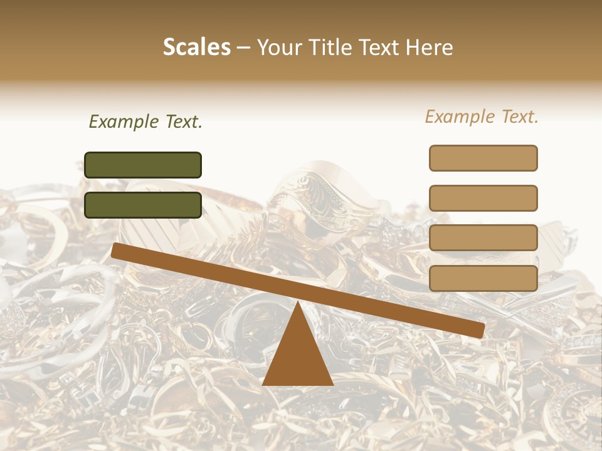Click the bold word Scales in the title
click(196, 48)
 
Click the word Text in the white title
click(381, 48)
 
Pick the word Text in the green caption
click(182, 122)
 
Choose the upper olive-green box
click(143, 165)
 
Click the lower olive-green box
click(143, 205)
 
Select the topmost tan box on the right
click(483, 158)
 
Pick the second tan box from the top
click(483, 198)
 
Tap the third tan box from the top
click(483, 238)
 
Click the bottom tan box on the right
click(483, 278)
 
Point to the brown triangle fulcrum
click(297, 354)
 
